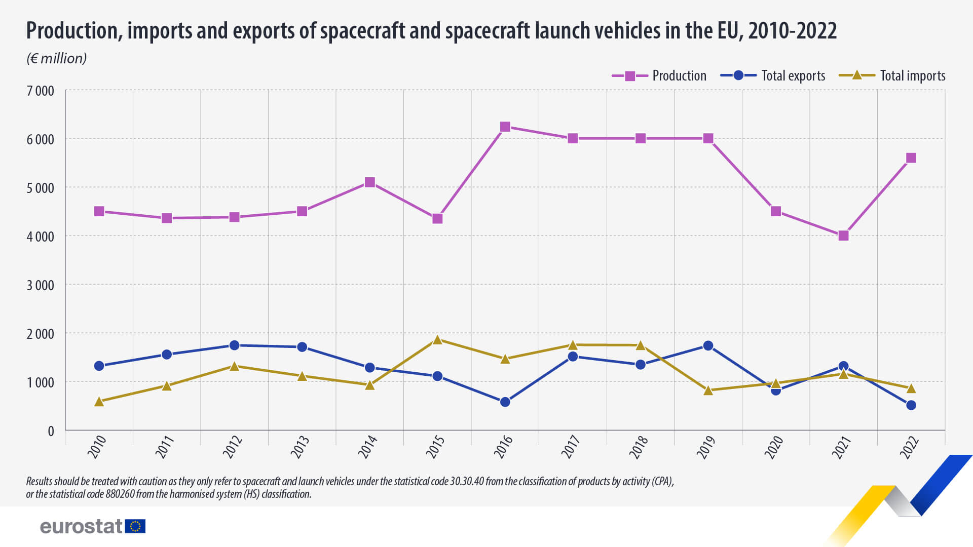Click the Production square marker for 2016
point(505,127)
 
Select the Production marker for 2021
point(843,236)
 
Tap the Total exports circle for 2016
point(505,402)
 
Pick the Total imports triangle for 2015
point(437,340)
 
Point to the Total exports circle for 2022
point(911,405)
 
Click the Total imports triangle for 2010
point(99,402)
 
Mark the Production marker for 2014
point(370,182)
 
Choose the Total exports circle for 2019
point(708,346)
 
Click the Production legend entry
point(659,76)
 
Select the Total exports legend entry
point(773,76)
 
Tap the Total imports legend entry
point(892,76)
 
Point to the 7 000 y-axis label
point(41,91)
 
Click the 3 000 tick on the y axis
point(41,285)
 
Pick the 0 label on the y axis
point(51,431)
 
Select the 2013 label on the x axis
point(300,447)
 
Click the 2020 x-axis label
point(774,447)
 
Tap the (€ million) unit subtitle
point(56,58)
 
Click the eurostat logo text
point(81,526)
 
